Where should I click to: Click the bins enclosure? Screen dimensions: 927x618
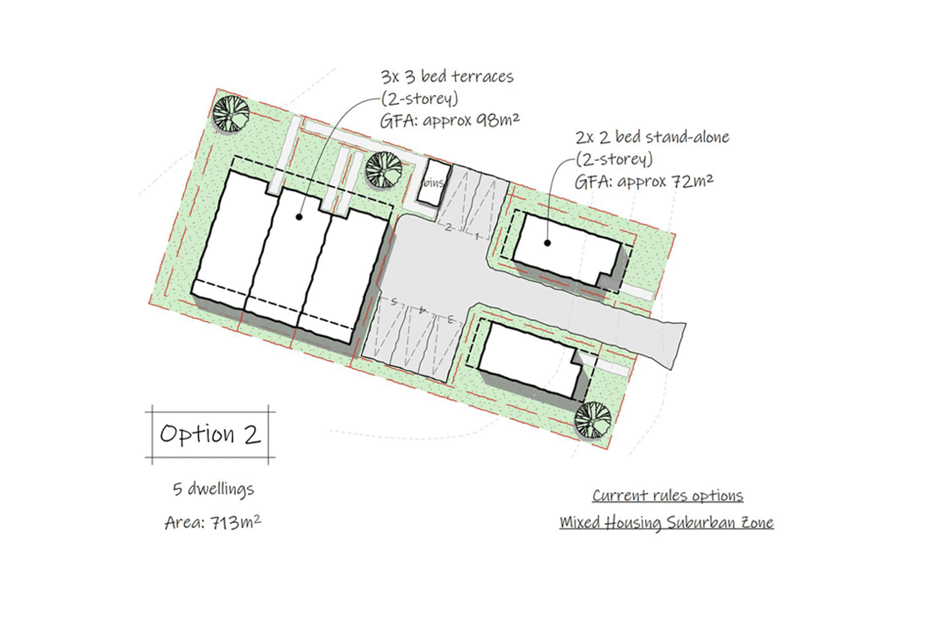tap(434, 183)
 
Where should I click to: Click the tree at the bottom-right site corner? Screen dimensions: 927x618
tap(593, 420)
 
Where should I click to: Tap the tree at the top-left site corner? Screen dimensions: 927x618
tap(231, 114)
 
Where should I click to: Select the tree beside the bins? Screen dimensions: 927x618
tap(384, 169)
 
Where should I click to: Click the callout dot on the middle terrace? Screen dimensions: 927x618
tap(299, 217)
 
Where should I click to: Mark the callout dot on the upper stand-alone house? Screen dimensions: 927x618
tap(547, 243)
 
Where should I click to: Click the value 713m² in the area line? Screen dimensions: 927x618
tap(236, 522)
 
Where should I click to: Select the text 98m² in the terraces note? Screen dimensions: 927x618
tap(498, 120)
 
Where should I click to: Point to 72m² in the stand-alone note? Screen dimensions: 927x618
tap(692, 181)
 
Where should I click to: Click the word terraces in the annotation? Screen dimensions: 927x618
tap(483, 77)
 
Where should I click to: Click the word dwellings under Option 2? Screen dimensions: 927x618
tap(221, 489)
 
